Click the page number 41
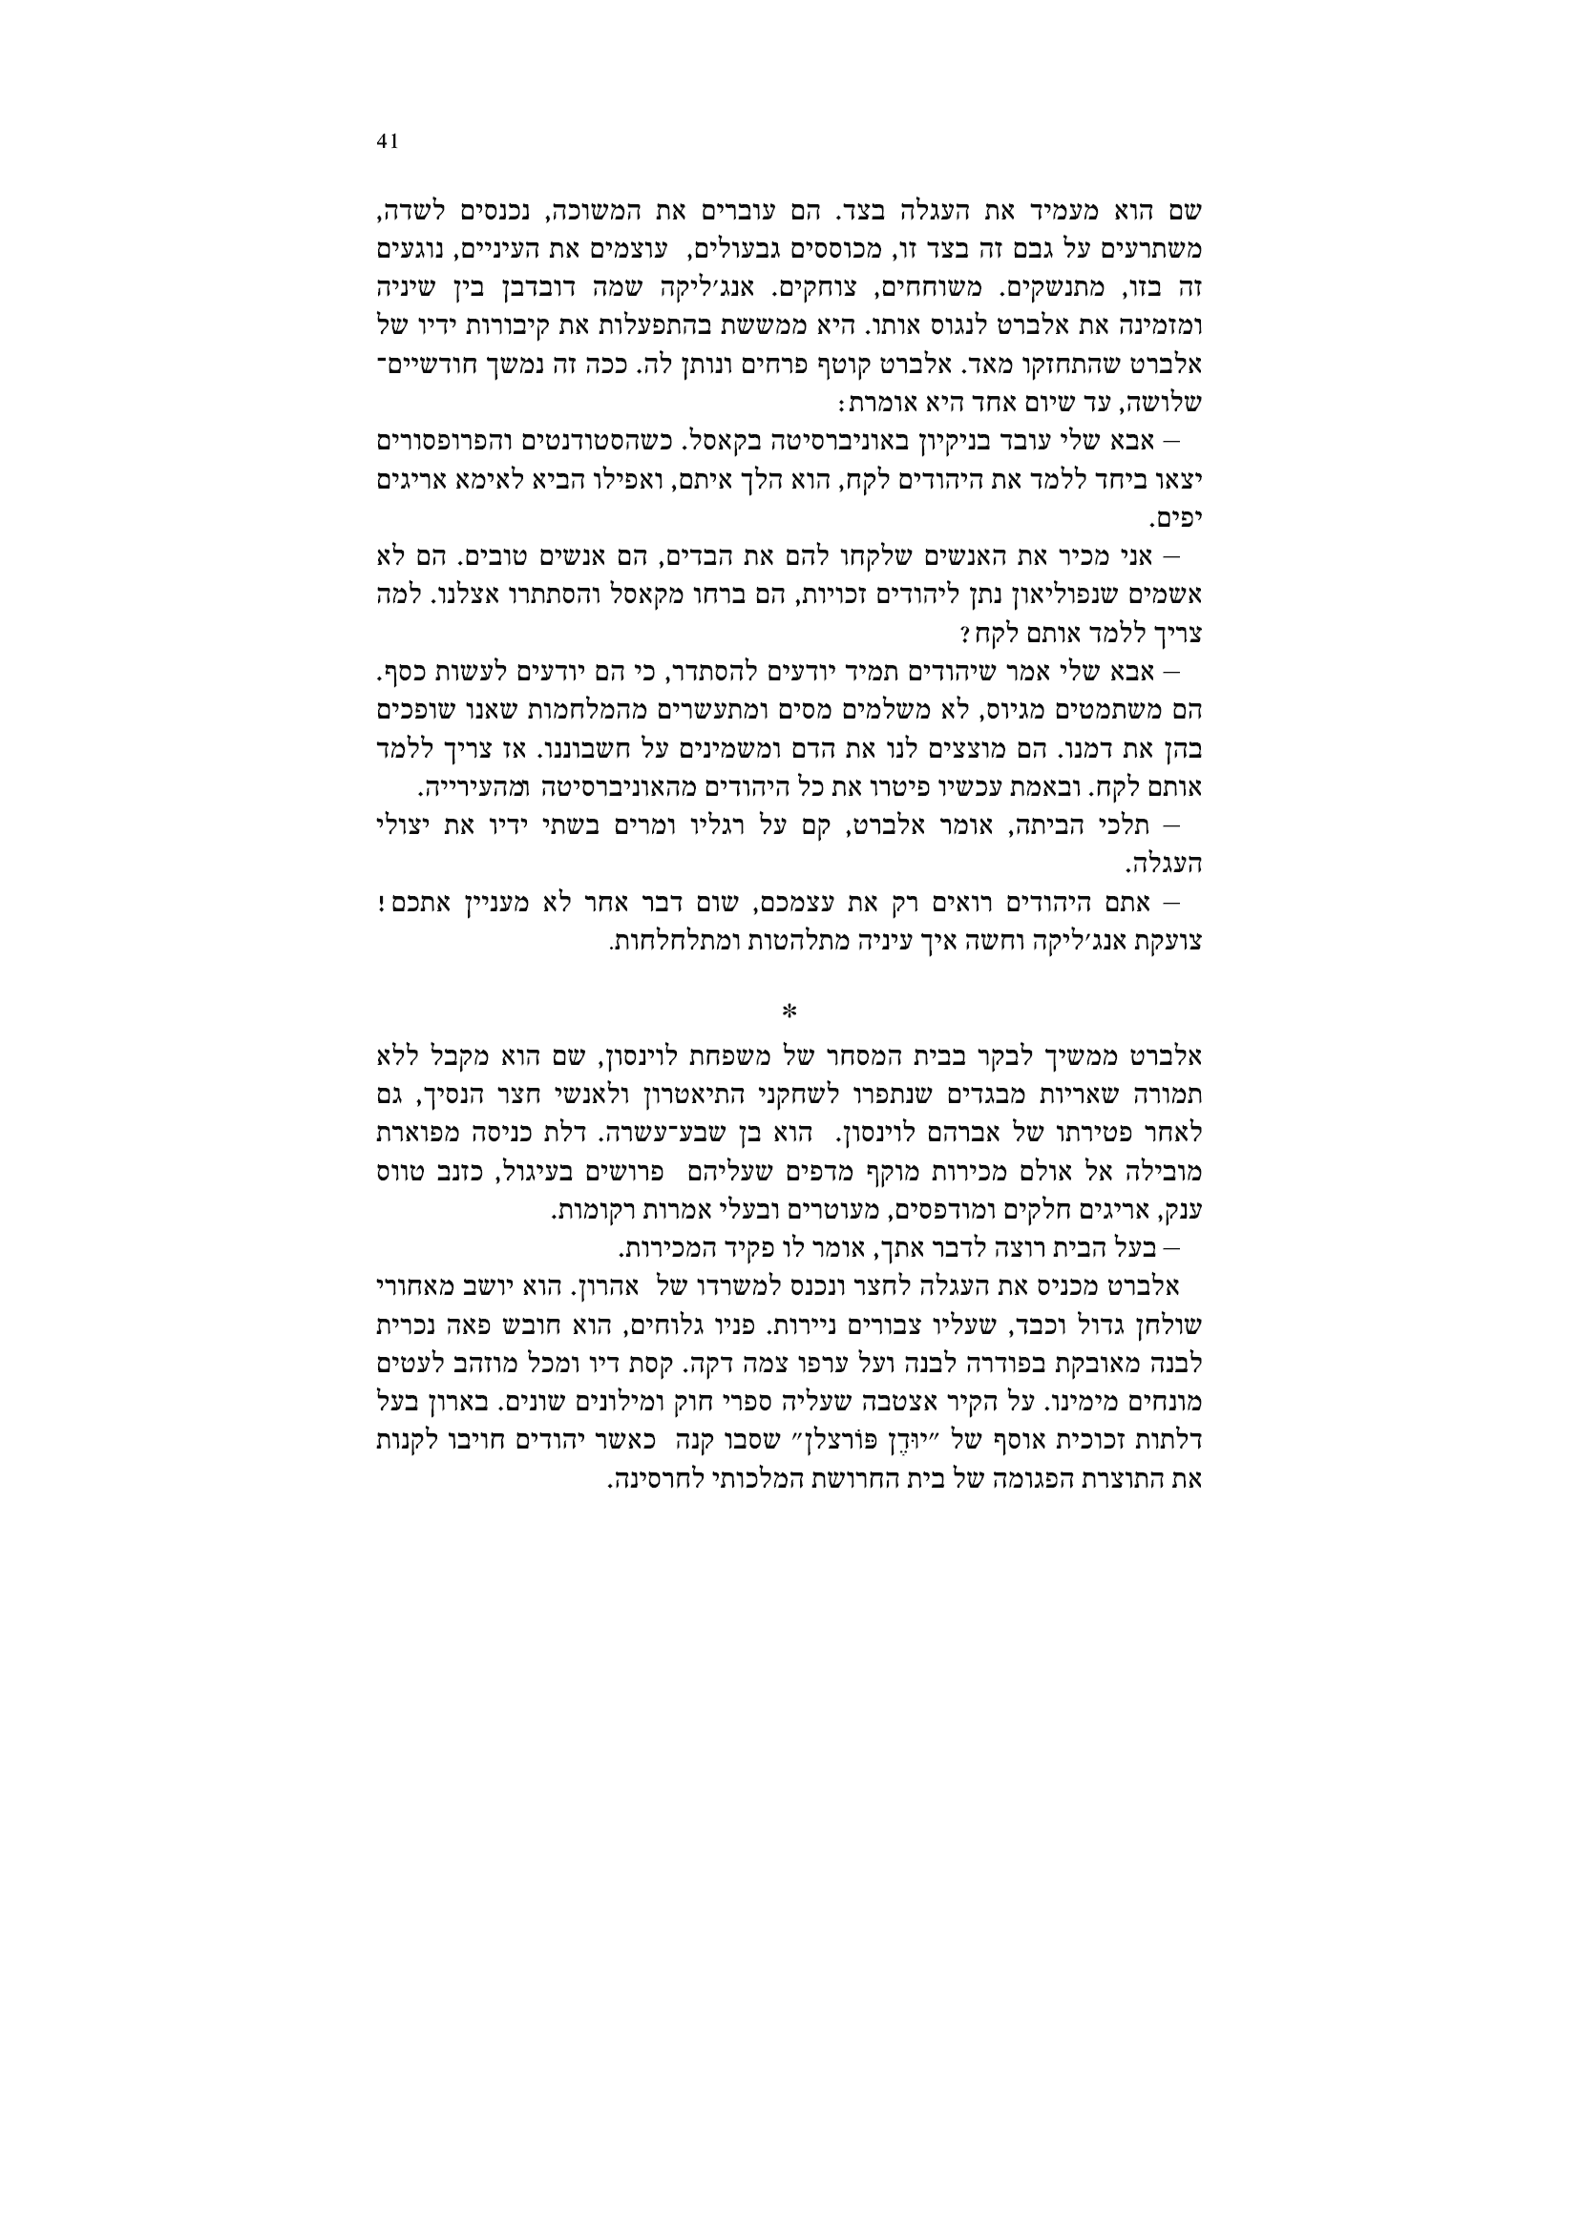point(387,142)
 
